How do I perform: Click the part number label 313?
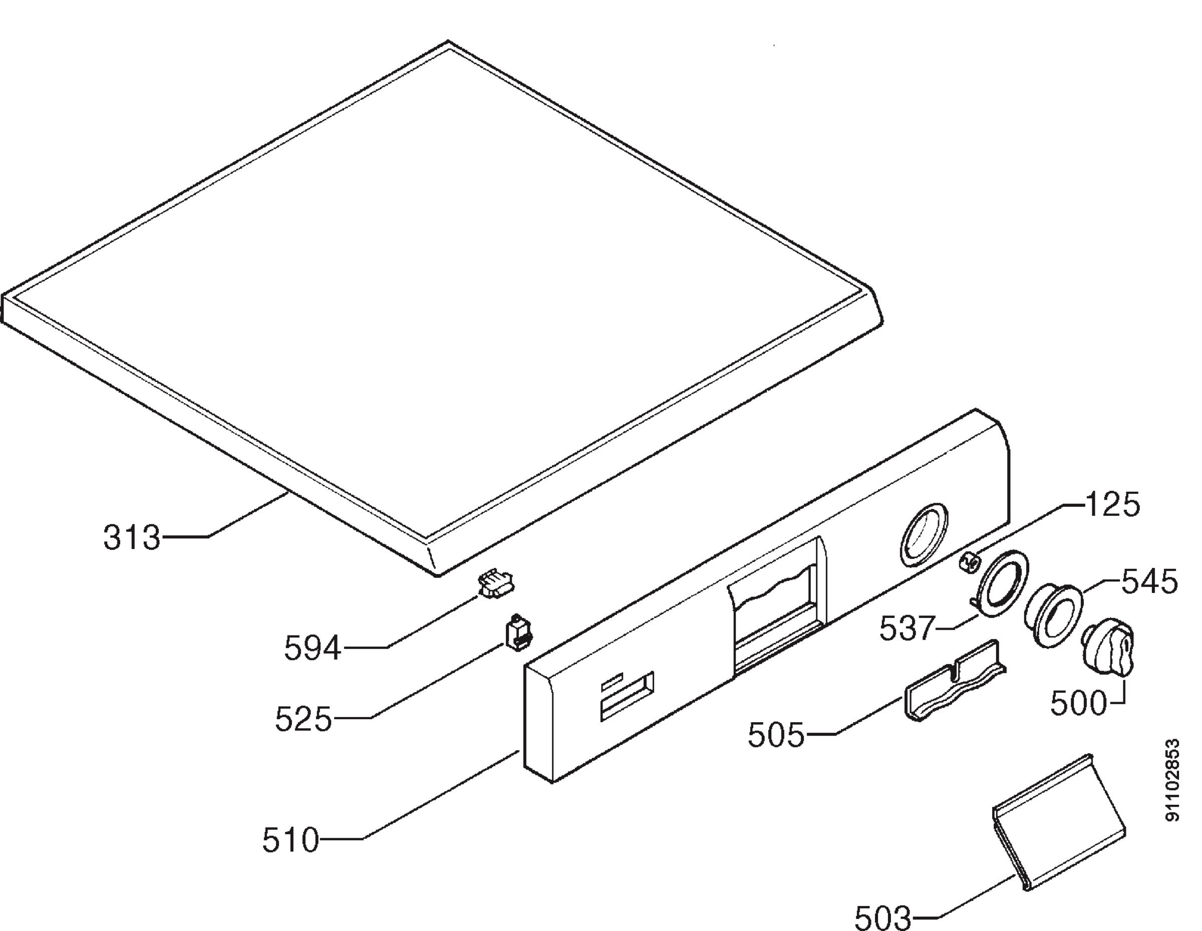132,537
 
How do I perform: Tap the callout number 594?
313,648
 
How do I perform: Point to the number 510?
290,840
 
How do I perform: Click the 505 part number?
775,735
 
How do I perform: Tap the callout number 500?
1078,703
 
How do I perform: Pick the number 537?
907,628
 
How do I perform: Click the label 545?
1149,581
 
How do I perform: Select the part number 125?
1112,505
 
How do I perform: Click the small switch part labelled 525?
518,634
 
